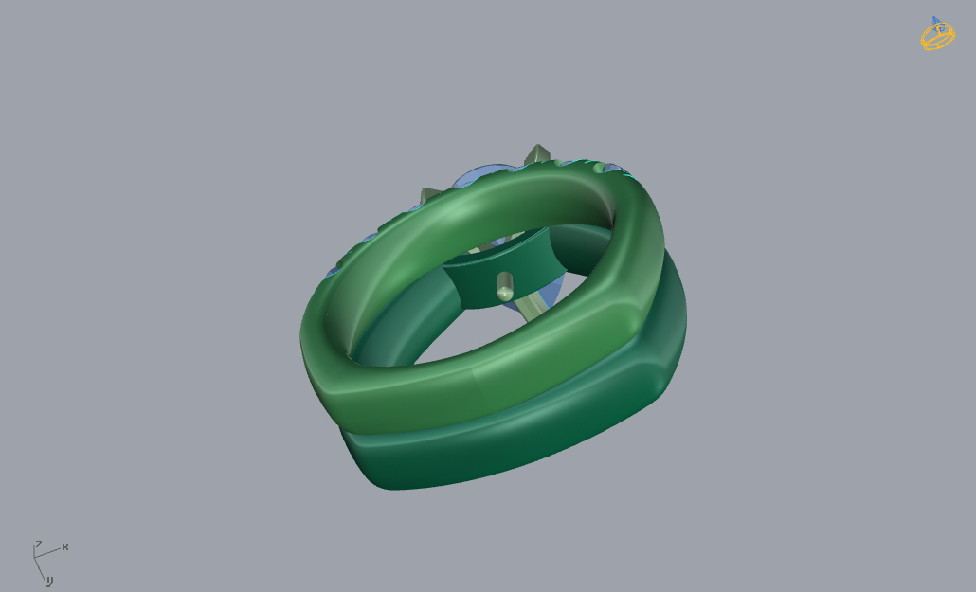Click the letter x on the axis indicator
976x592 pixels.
(64, 547)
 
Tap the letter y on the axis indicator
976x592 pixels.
(50, 581)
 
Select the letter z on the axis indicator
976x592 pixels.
(39, 545)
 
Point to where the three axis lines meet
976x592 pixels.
(34, 557)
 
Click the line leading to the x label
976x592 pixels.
(47, 553)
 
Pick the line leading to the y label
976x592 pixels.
(40, 568)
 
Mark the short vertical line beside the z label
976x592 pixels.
(33, 550)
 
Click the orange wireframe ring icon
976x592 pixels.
(938, 35)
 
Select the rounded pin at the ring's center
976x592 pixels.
(505, 286)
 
